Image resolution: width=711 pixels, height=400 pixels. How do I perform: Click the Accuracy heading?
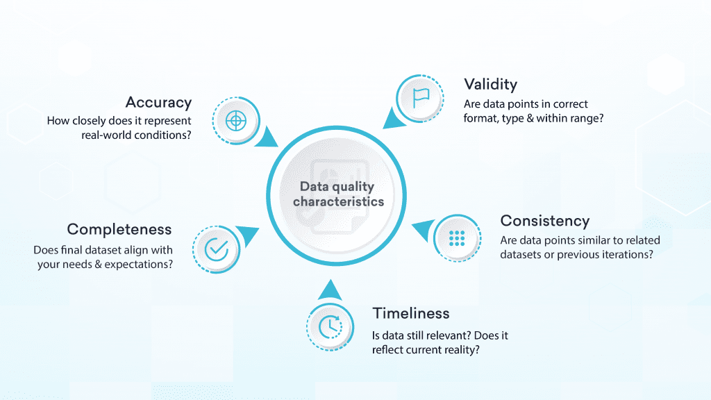[x=158, y=103]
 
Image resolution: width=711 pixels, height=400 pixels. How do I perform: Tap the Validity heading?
[x=490, y=85]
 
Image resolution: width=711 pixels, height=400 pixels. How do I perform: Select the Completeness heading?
[x=119, y=229]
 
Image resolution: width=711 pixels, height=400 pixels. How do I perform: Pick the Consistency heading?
[x=545, y=221]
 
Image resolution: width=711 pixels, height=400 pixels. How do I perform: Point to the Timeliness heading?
[x=410, y=313]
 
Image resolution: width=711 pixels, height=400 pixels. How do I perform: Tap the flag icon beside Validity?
[x=421, y=97]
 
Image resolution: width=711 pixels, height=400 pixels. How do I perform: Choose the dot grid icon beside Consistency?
[x=457, y=238]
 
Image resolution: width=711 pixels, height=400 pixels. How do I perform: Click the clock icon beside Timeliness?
[x=329, y=326]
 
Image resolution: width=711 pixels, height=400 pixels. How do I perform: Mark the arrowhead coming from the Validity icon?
[x=394, y=119]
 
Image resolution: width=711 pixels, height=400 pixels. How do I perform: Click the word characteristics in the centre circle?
[x=338, y=202]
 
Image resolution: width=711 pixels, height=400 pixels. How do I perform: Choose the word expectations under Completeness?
[x=137, y=265]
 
